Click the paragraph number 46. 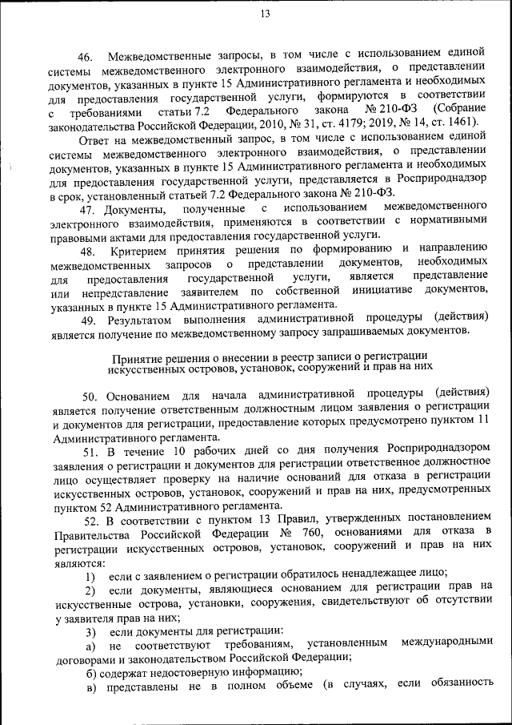pyautogui.click(x=86, y=57)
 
